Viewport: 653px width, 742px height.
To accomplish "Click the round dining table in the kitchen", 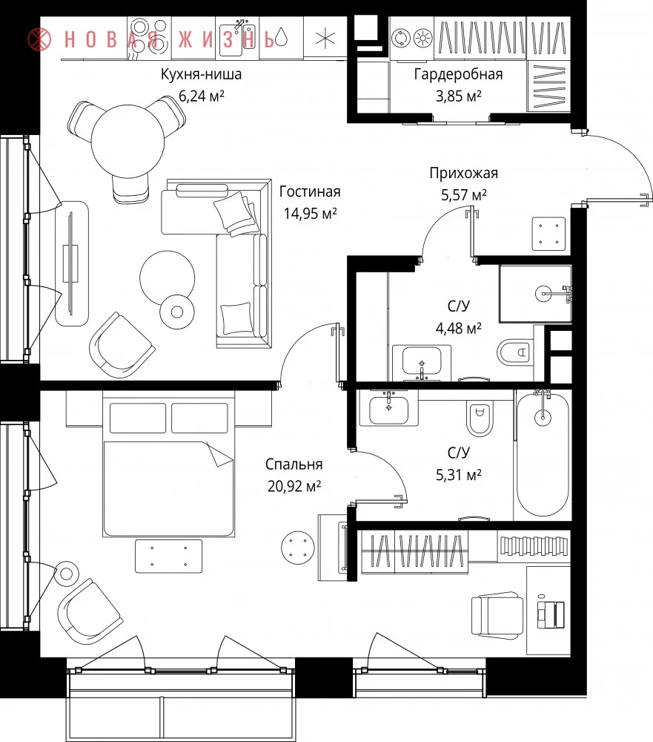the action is tap(127, 141).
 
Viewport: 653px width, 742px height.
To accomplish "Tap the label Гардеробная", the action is tap(458, 74).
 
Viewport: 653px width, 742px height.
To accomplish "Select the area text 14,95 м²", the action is tap(310, 214).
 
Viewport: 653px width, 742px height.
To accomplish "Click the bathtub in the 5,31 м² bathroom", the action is tap(543, 454).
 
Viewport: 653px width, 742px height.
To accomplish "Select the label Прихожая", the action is tap(463, 173).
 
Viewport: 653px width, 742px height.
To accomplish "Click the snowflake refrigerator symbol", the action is tap(325, 38).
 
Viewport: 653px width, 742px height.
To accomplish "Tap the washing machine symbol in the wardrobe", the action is tap(402, 39).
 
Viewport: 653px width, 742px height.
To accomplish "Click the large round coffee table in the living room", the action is tap(167, 278).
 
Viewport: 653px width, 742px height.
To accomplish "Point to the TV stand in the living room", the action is tap(72, 263).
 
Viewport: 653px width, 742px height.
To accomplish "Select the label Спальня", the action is tap(294, 464).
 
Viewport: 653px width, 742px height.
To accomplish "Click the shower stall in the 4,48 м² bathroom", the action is tap(536, 293).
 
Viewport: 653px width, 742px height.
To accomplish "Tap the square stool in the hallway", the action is tap(549, 234).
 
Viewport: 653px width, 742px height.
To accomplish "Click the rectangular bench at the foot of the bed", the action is tap(168, 556).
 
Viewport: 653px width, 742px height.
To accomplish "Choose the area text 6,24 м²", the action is tap(202, 96).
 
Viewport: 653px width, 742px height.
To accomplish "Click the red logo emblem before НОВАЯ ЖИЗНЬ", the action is tap(39, 39).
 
